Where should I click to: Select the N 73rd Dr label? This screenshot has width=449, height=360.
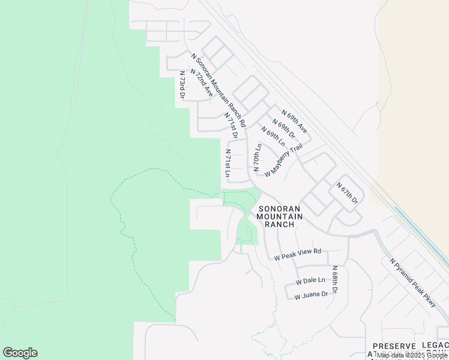point(182,85)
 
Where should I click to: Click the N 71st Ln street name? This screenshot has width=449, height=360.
point(228,163)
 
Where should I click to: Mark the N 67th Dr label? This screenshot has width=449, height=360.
point(348,192)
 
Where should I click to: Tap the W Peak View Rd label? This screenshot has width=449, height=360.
point(298,254)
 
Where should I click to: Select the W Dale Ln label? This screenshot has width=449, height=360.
point(310,280)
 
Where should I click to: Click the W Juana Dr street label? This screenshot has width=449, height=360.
point(311,294)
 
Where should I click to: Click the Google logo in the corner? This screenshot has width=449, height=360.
point(20,353)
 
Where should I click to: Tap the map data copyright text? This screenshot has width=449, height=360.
point(411,355)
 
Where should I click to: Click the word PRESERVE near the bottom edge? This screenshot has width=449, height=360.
point(394,347)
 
